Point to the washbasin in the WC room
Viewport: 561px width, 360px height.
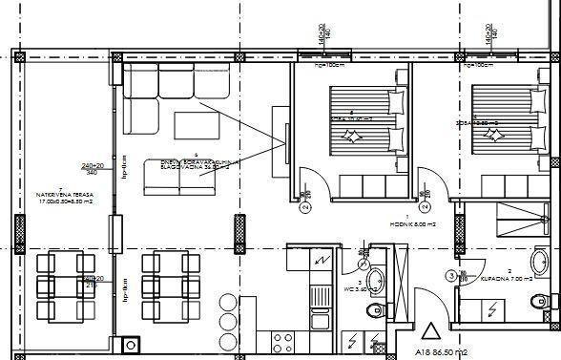coord(377,281)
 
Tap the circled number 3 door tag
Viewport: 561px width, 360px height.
coord(451,276)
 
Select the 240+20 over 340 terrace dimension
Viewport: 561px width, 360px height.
coord(92,169)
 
